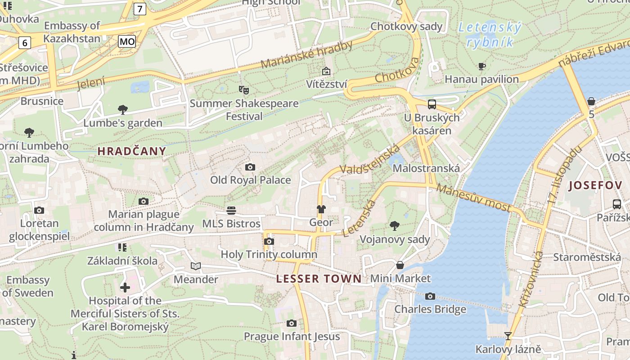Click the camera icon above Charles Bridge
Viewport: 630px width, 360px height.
(430, 296)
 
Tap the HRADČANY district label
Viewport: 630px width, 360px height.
(132, 151)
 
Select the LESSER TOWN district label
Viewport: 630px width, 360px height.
(319, 279)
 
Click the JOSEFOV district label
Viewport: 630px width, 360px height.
(595, 185)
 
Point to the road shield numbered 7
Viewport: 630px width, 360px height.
(140, 9)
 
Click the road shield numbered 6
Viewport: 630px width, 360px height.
(24, 43)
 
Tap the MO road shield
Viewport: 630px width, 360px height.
(127, 42)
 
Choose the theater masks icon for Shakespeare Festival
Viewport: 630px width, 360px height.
(244, 90)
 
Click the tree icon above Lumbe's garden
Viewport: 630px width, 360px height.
(122, 109)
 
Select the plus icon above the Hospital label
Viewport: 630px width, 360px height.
(125, 287)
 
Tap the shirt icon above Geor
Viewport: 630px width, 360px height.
(321, 209)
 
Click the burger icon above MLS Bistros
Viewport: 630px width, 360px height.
(231, 210)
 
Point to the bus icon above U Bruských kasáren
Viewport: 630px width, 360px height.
(432, 104)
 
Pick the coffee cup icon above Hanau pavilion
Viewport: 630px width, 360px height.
(481, 67)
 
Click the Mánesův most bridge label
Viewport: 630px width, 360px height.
(473, 198)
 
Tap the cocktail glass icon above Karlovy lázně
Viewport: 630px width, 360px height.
(508, 336)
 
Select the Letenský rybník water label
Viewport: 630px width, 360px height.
(489, 35)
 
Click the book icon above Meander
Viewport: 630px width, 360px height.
(195, 266)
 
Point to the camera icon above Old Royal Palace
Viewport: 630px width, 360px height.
(250, 167)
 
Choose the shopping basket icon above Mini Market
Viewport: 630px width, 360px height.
(400, 265)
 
